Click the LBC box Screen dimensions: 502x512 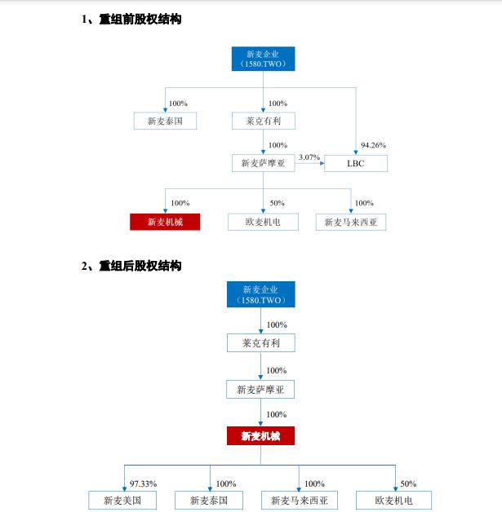356,163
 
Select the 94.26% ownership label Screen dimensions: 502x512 373,145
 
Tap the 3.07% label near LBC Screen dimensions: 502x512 309,157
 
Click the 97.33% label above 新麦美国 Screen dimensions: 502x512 143,483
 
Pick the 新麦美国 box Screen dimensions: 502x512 122,501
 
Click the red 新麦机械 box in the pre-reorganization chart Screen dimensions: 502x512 165,222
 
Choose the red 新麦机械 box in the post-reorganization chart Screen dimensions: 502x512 260,436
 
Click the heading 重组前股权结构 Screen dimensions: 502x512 140,20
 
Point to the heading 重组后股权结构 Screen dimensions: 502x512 140,266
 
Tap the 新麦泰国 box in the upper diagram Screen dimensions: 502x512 165,121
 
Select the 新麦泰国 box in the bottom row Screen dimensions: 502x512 209,501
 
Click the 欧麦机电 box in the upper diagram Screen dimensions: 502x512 263,222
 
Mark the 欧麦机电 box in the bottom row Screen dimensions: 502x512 393,501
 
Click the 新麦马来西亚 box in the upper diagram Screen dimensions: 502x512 351,222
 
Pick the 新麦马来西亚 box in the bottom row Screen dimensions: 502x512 300,501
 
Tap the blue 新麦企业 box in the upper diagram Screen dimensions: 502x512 263,59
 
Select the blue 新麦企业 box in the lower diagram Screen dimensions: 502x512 261,294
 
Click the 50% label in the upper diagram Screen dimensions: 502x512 277,203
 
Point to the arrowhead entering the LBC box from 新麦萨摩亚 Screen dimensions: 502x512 322,163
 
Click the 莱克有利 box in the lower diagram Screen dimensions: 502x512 261,343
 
